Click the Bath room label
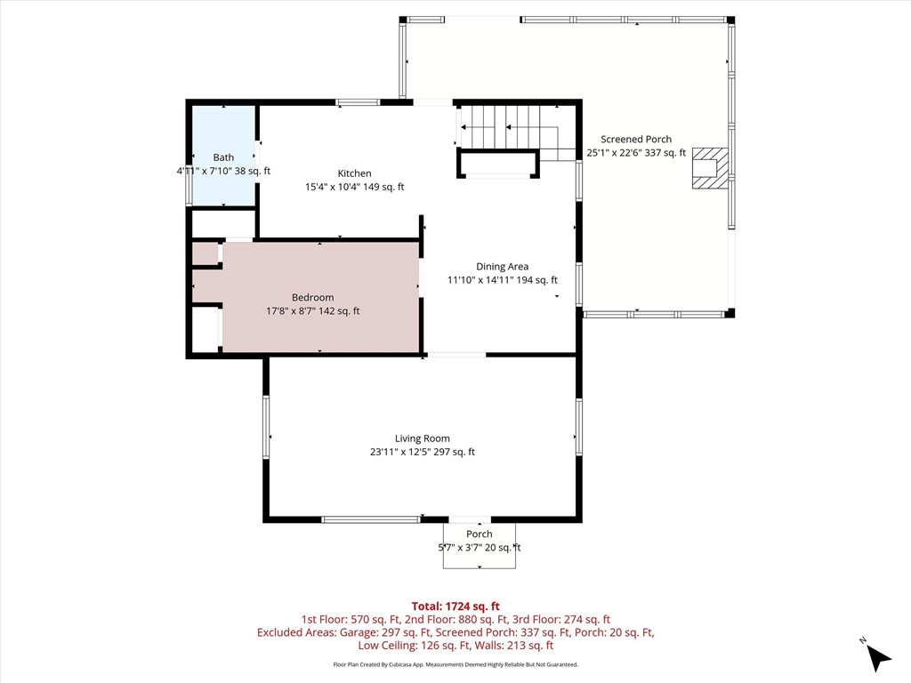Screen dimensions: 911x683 coord(223,157)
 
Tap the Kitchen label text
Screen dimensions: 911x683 coord(354,173)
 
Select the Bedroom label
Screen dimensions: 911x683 coord(312,297)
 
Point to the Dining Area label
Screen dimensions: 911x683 coord(502,267)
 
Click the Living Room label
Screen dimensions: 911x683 coord(423,438)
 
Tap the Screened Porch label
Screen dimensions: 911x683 coord(636,140)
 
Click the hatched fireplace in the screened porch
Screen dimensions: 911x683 coord(710,168)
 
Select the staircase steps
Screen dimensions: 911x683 coord(505,126)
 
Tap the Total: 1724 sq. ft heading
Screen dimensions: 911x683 coord(455,607)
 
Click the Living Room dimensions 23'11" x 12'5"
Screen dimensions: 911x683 coord(400,452)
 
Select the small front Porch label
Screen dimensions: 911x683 coord(480,534)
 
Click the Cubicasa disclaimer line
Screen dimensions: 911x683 coord(455,664)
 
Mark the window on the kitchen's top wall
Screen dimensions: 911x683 coord(358,103)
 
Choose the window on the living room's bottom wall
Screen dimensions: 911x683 coord(371,519)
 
